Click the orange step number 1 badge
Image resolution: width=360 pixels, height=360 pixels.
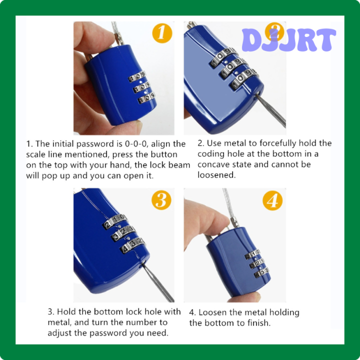tap(161, 33)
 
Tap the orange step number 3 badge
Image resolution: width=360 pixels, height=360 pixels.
tap(161, 200)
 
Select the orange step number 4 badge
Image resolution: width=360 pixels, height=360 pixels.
tap(272, 200)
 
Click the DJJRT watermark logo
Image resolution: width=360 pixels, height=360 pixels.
tap(289, 40)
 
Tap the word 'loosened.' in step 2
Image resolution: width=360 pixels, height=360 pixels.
tap(216, 175)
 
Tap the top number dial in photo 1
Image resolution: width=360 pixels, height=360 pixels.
tap(137, 78)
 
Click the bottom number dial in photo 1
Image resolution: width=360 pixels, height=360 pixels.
tap(146, 99)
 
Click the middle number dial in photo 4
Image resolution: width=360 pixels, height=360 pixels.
tap(253, 263)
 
